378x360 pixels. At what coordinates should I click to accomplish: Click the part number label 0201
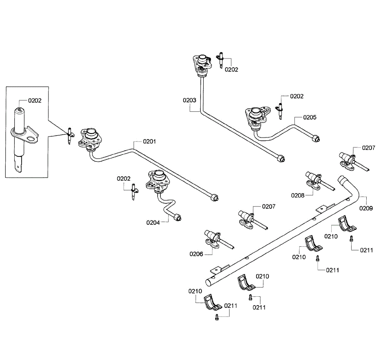tap(149, 142)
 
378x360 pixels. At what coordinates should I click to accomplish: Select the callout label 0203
tap(189, 100)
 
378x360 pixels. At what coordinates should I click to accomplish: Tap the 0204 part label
tap(153, 223)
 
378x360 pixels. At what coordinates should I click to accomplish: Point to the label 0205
tap(310, 117)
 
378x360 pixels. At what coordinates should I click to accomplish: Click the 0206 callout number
tap(196, 254)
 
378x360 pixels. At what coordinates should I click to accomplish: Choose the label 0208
tap(298, 196)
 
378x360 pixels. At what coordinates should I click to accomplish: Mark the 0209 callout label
tap(366, 208)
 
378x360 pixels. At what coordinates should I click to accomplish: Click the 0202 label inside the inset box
tap(35, 101)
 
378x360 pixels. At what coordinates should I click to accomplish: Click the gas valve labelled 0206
tap(217, 239)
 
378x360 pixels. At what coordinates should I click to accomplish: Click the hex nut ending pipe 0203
tap(281, 158)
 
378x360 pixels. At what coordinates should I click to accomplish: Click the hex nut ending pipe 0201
tap(215, 197)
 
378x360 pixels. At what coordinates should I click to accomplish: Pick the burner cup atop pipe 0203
tap(202, 64)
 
